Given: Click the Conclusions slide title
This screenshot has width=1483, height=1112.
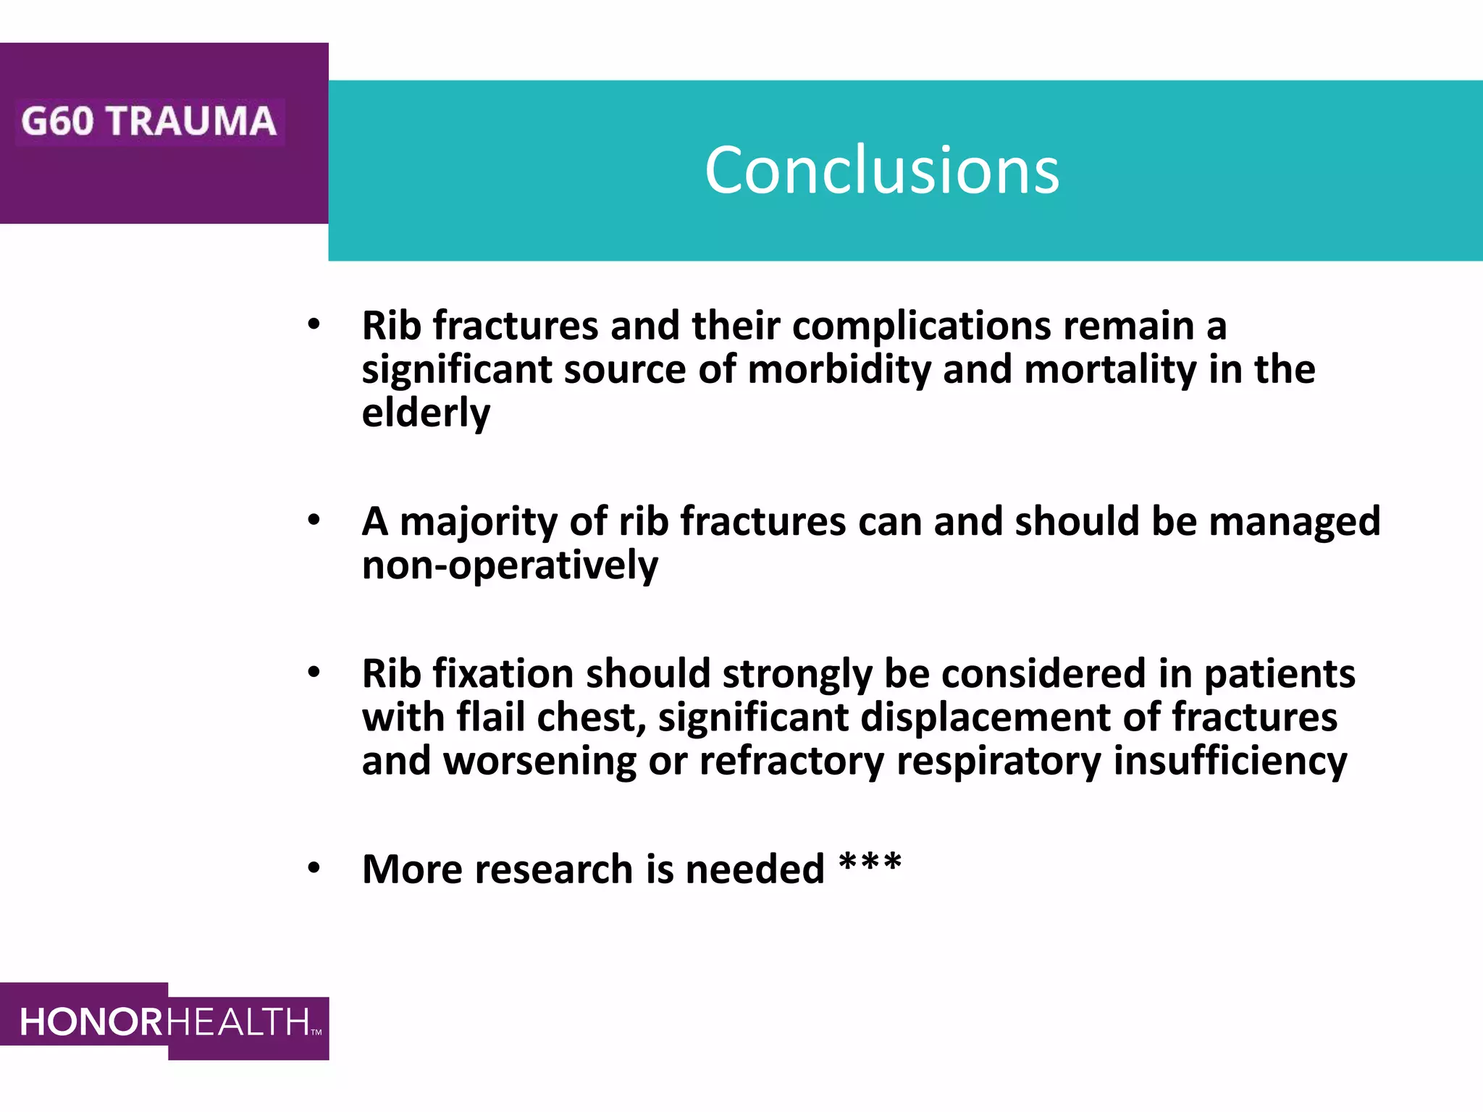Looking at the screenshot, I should pyautogui.click(x=881, y=170).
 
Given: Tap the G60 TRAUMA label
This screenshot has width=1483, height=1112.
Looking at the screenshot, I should pyautogui.click(x=148, y=121).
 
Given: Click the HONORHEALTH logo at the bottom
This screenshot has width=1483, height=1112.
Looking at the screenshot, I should pyautogui.click(x=165, y=1022).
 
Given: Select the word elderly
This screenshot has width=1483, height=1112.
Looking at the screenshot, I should pyautogui.click(x=426, y=413).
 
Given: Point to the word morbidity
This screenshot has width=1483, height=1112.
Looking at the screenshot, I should pyautogui.click(x=839, y=370).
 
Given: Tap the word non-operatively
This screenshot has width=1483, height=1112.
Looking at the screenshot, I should pyautogui.click(x=510, y=565).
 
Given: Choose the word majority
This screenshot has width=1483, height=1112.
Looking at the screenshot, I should pyautogui.click(x=478, y=523).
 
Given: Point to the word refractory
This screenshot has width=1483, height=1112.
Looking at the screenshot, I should pyautogui.click(x=791, y=762).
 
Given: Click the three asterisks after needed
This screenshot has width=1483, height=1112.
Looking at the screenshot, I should pyautogui.click(x=870, y=864).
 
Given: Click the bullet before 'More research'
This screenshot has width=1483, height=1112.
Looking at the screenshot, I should pyautogui.click(x=314, y=868).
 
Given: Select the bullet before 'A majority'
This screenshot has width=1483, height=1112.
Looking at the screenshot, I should pyautogui.click(x=314, y=520).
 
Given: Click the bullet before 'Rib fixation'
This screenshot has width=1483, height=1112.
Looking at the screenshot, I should pyautogui.click(x=314, y=673).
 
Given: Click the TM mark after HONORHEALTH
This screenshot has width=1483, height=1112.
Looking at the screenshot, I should pyautogui.click(x=316, y=1032).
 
